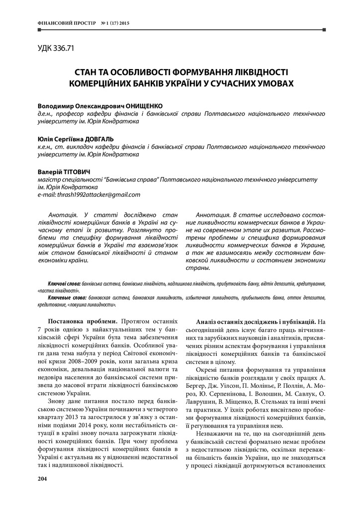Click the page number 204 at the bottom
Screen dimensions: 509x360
point(42,478)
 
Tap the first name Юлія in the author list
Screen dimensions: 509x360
point(45,139)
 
